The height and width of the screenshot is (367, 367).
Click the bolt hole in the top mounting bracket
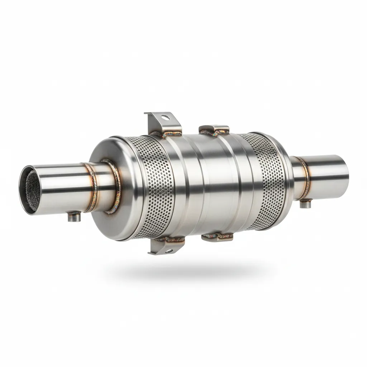pyautogui.click(x=164, y=117)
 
